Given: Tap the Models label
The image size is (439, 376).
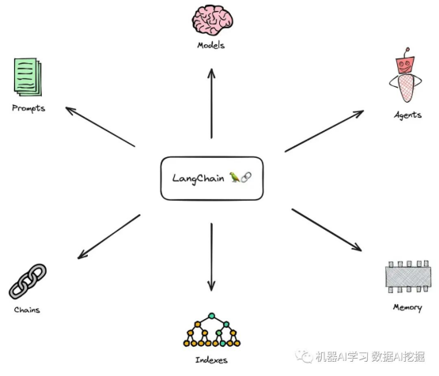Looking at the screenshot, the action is tap(211, 45).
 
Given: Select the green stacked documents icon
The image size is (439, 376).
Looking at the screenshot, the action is tap(28, 77).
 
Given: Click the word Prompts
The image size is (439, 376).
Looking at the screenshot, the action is tap(28, 108).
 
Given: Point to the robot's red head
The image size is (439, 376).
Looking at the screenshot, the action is tap(405, 65).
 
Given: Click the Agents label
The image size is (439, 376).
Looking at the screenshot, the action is tap(407, 115).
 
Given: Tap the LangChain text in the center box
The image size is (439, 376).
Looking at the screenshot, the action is tap(198, 179).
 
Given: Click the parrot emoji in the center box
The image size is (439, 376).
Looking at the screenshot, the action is tap(234, 177).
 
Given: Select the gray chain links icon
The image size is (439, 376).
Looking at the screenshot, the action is tap(28, 281).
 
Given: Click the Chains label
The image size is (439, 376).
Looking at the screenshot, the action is tap(27, 310).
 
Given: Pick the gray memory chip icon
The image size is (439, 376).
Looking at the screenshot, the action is tap(407, 276).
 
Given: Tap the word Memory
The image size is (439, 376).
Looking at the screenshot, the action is tap(407, 307).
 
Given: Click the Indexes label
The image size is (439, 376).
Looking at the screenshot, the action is tap(211, 360).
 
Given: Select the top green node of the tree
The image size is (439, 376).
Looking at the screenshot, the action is tap(212, 316).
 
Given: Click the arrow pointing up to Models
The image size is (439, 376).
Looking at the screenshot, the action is tap(211, 103).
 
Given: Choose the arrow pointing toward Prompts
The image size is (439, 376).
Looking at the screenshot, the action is tap(100, 126).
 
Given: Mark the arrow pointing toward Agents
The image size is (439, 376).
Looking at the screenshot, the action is tap(324, 131).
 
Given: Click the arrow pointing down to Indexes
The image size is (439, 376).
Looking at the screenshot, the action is tap(211, 258).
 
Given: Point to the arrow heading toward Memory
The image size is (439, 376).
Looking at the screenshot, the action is tap(327, 230).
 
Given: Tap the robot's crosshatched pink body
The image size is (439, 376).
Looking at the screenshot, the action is tap(406, 88).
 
